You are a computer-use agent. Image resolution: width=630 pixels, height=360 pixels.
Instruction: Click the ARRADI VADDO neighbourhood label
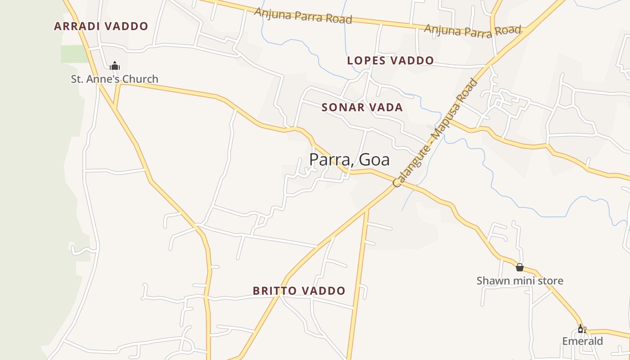click(x=101, y=26)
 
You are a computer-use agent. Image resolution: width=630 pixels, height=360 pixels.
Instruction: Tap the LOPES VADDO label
click(x=391, y=60)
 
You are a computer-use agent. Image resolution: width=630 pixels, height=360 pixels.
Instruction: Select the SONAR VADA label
click(x=362, y=107)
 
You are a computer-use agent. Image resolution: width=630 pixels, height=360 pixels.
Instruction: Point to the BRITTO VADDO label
click(x=299, y=291)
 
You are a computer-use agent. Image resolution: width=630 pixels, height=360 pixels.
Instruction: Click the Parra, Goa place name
click(x=349, y=160)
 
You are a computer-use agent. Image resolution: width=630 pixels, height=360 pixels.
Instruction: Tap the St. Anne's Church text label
click(x=114, y=79)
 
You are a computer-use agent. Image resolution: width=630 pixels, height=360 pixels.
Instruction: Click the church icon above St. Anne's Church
click(x=115, y=66)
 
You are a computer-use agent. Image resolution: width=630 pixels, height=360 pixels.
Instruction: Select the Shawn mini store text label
click(x=520, y=281)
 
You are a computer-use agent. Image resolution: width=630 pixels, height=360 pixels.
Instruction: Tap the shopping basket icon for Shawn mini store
click(x=520, y=267)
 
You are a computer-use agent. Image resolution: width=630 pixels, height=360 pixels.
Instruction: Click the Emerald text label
click(x=582, y=341)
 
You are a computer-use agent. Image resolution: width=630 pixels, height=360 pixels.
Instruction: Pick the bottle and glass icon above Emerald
click(x=582, y=329)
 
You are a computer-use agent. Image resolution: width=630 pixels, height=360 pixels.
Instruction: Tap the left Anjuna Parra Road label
click(x=303, y=15)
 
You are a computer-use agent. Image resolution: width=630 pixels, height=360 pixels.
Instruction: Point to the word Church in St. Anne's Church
click(x=140, y=79)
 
